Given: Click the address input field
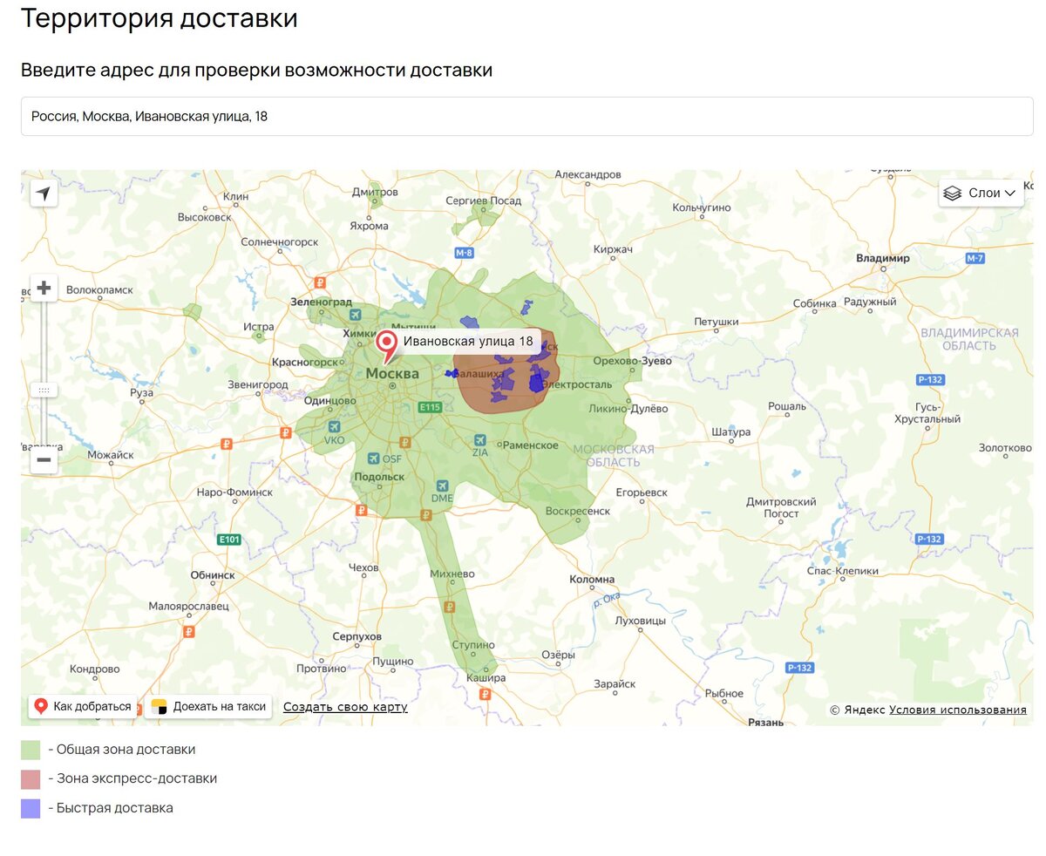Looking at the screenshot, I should (526, 116).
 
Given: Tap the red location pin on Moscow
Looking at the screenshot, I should (386, 343).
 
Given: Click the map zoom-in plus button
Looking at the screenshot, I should (44, 288).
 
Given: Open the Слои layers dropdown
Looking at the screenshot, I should (981, 193).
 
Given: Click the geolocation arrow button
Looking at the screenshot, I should (44, 193).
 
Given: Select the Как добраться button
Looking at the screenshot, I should (83, 706).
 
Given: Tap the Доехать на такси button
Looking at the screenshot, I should (209, 706).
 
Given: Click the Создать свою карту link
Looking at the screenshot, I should (345, 707).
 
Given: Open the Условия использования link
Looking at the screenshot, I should (957, 710).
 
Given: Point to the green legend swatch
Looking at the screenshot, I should (31, 750).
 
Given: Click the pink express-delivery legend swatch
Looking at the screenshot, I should (31, 778).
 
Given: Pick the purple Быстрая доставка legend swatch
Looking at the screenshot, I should (31, 808).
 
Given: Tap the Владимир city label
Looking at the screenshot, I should (882, 258).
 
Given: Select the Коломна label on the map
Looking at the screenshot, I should (592, 579).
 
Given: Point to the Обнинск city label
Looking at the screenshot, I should (213, 575).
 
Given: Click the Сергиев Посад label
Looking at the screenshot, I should (483, 200).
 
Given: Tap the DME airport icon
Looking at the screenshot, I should (442, 486).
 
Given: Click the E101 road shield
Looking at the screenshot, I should (228, 540).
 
